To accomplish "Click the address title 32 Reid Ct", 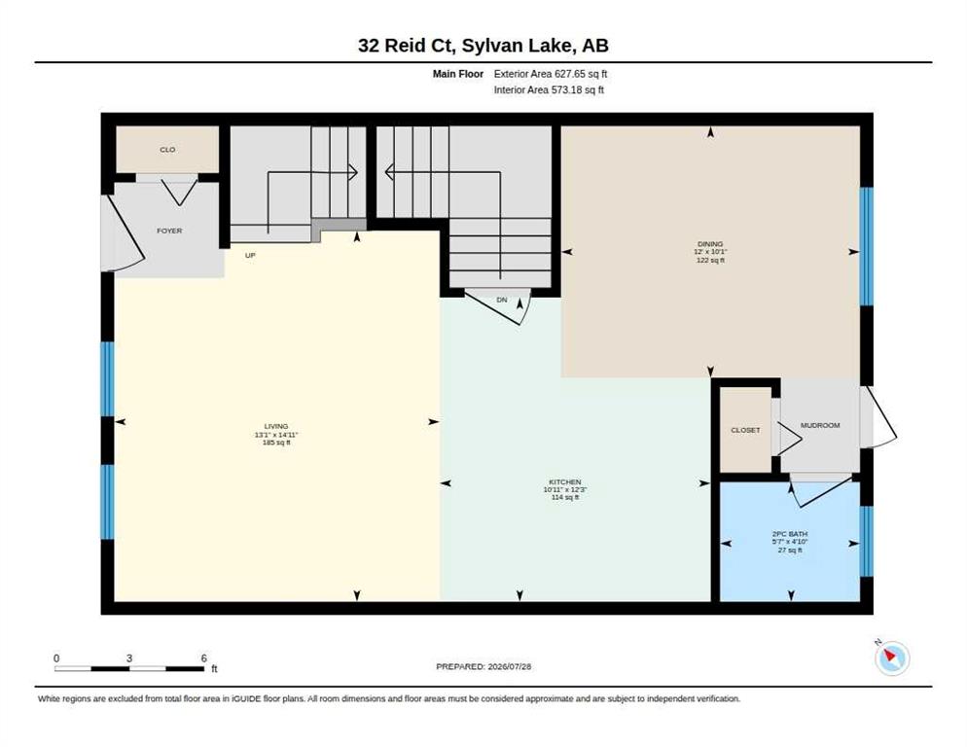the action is click(x=406, y=46).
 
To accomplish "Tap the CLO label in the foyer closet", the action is click(x=167, y=150).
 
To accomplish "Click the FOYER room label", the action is click(x=169, y=231).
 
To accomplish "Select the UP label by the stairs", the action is click(x=250, y=256).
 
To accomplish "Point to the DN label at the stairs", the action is click(x=502, y=300).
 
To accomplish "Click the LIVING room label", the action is click(x=276, y=426).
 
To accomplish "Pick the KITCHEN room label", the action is click(x=565, y=481).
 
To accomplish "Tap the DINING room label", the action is click(x=710, y=244).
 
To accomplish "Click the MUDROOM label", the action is click(x=820, y=425).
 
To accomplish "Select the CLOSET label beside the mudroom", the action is click(x=745, y=430).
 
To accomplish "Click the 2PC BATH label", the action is click(x=790, y=534).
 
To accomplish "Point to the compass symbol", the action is click(x=892, y=658).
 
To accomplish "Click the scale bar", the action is click(x=129, y=668).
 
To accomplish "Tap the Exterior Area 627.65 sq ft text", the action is click(x=551, y=74).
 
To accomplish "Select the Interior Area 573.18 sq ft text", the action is click(x=549, y=90).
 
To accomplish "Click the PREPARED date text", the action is click(x=483, y=667).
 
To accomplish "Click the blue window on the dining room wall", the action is click(x=867, y=246).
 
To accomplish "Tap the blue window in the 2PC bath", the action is click(x=867, y=541).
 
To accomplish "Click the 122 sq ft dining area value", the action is click(x=710, y=261).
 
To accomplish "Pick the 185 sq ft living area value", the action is click(x=276, y=443).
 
